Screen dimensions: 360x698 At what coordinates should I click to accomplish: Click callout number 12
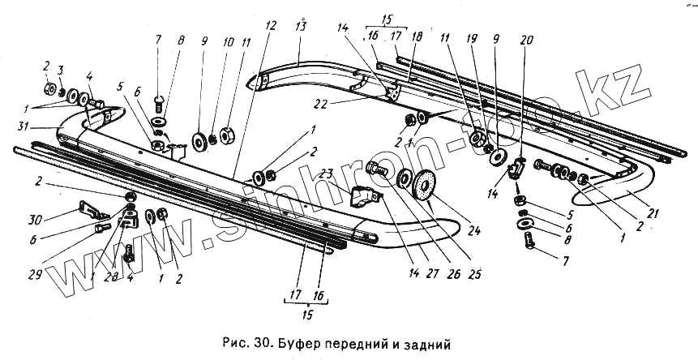269,25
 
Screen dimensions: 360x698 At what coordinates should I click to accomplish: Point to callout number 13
300,25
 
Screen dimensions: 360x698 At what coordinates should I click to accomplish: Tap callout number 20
527,41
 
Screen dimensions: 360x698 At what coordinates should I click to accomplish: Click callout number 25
477,273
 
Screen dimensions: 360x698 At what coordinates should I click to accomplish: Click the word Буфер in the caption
298,344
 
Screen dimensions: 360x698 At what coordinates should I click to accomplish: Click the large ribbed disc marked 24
422,185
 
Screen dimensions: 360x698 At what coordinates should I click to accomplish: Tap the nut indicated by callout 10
212,139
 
